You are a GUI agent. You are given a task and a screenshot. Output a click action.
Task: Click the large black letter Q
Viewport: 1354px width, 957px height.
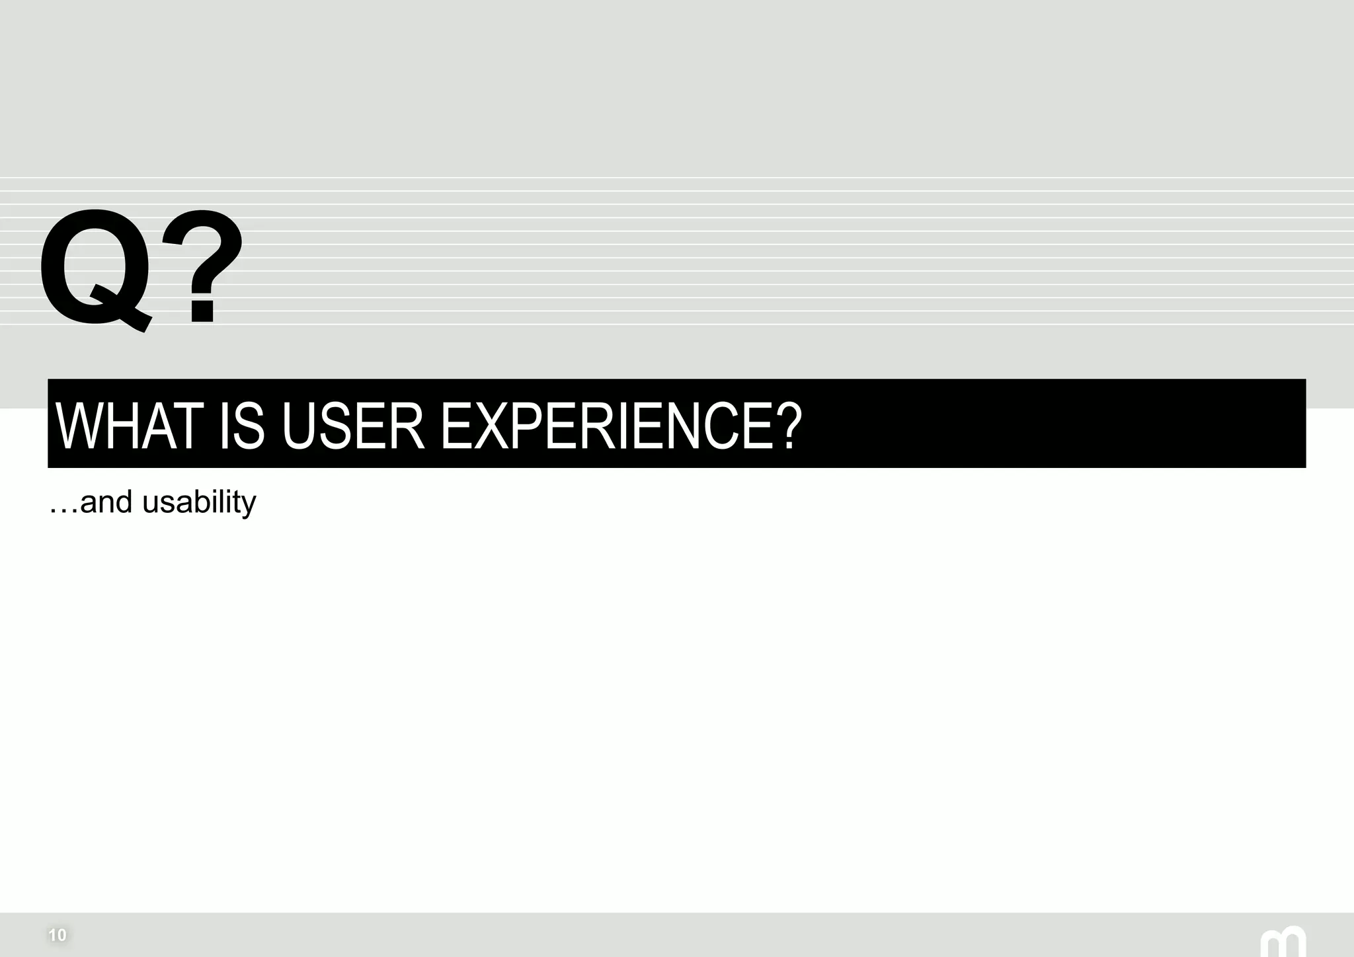click(93, 268)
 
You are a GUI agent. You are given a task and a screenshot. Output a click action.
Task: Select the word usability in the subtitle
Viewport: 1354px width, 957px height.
click(199, 502)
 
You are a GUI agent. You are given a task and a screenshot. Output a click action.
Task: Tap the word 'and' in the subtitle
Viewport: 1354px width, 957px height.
click(106, 502)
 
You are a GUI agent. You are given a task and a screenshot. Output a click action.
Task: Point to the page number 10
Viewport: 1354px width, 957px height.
click(58, 935)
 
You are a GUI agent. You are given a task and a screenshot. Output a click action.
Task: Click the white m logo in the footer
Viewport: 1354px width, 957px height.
click(1283, 942)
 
